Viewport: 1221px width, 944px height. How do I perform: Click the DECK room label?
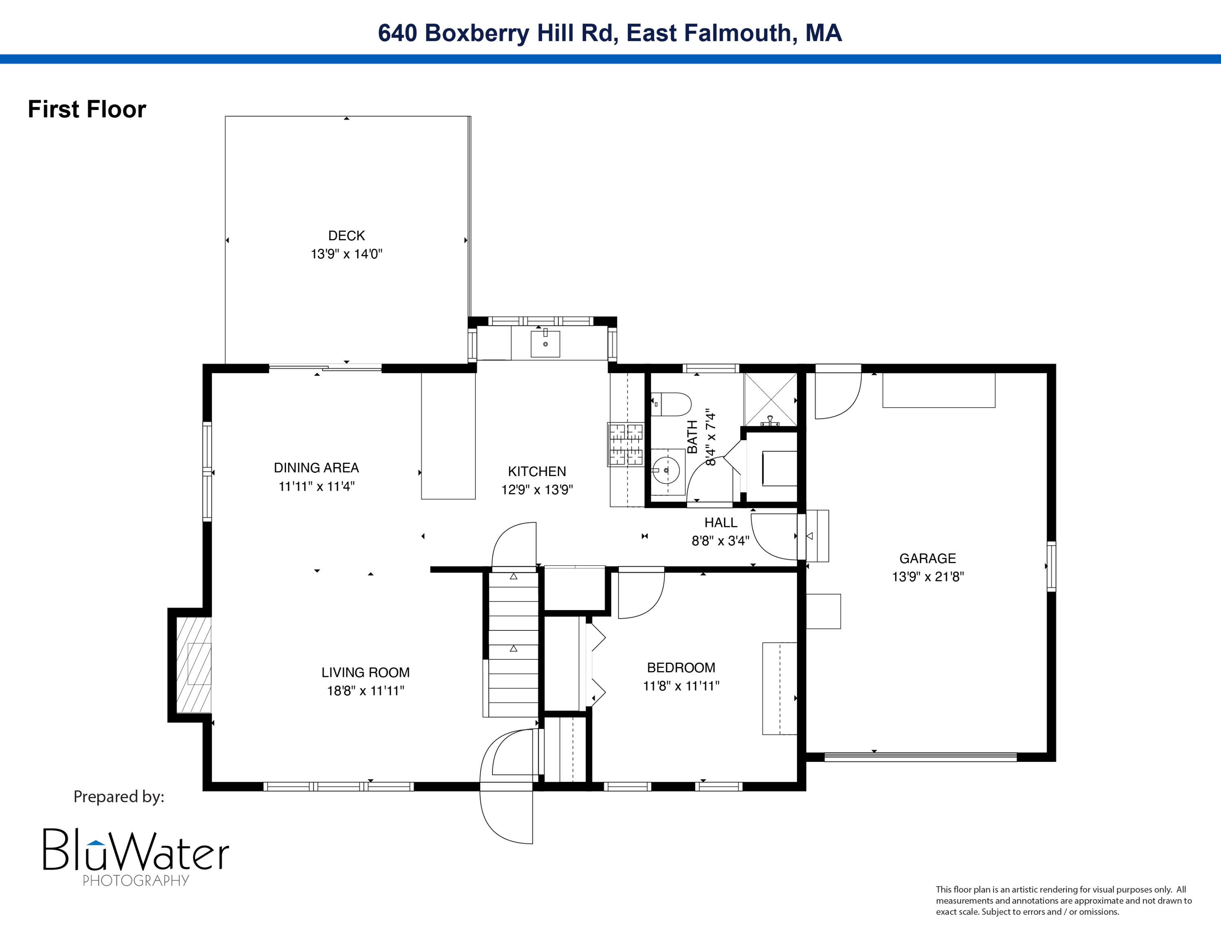347,235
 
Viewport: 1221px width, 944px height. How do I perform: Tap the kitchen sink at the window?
545,343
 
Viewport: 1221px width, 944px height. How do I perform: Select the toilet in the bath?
671,404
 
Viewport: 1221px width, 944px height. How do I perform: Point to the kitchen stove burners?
626,445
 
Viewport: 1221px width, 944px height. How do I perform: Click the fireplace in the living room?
193,664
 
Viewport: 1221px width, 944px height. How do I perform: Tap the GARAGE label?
928,558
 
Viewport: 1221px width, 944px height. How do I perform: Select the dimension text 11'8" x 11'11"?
681,686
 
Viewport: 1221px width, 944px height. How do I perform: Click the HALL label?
721,522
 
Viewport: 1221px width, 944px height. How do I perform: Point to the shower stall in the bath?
770,399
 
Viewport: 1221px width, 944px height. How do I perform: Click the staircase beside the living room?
513,643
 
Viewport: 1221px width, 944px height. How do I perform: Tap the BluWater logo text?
136,850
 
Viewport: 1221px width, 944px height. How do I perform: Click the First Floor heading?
87,109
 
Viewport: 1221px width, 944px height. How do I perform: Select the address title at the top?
610,33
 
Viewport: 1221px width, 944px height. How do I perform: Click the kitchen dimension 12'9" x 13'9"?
537,490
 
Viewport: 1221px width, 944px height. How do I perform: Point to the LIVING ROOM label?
365,672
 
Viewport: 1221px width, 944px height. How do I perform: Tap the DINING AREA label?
316,468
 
